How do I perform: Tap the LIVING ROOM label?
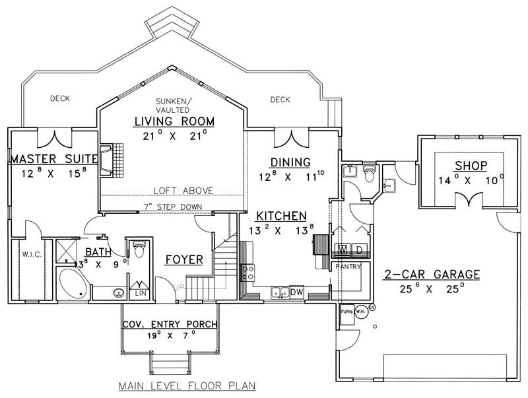tap(174, 121)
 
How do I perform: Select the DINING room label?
tap(290, 162)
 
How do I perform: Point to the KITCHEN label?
tap(281, 216)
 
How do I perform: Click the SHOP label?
tap(471, 166)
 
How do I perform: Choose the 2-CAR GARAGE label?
tap(430, 275)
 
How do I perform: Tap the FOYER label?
tap(183, 259)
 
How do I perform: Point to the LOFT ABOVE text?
tap(183, 190)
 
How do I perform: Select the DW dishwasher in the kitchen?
tap(297, 291)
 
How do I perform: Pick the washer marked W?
tap(343, 250)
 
